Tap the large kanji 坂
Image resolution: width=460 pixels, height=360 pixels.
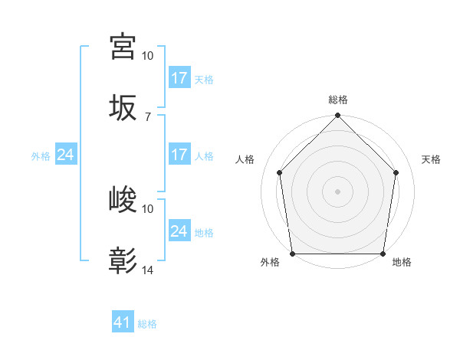pyautogui.click(x=123, y=107)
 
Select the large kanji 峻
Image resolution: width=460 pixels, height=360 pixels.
pyautogui.click(x=123, y=200)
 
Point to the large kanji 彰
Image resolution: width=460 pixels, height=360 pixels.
pyautogui.click(x=123, y=261)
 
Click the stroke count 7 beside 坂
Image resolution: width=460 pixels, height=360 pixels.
pyautogui.click(x=147, y=116)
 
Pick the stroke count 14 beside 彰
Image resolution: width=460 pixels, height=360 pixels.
pyautogui.click(x=148, y=270)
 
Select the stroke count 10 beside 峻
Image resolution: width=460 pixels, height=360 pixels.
pyautogui.click(x=148, y=208)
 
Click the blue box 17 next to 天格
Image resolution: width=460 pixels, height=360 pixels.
pyautogui.click(x=179, y=77)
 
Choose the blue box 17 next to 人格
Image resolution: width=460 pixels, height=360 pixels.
pyautogui.click(x=179, y=155)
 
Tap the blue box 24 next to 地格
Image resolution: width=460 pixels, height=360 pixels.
pyautogui.click(x=179, y=231)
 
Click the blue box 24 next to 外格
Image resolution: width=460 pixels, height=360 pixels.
pyautogui.click(x=65, y=155)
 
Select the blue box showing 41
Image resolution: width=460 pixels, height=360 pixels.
pyautogui.click(x=122, y=322)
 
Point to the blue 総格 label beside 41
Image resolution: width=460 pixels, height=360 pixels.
pyautogui.click(x=147, y=324)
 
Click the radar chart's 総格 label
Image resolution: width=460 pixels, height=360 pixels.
pyautogui.click(x=337, y=100)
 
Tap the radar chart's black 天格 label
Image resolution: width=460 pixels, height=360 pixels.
pyautogui.click(x=432, y=159)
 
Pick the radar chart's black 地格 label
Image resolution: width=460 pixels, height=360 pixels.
pyautogui.click(x=402, y=263)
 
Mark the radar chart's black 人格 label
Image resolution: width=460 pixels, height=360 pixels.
pyautogui.click(x=245, y=159)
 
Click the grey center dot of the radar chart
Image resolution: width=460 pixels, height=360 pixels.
pyautogui.click(x=337, y=191)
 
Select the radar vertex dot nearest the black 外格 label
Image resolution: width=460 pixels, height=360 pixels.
pyautogui.click(x=292, y=254)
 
